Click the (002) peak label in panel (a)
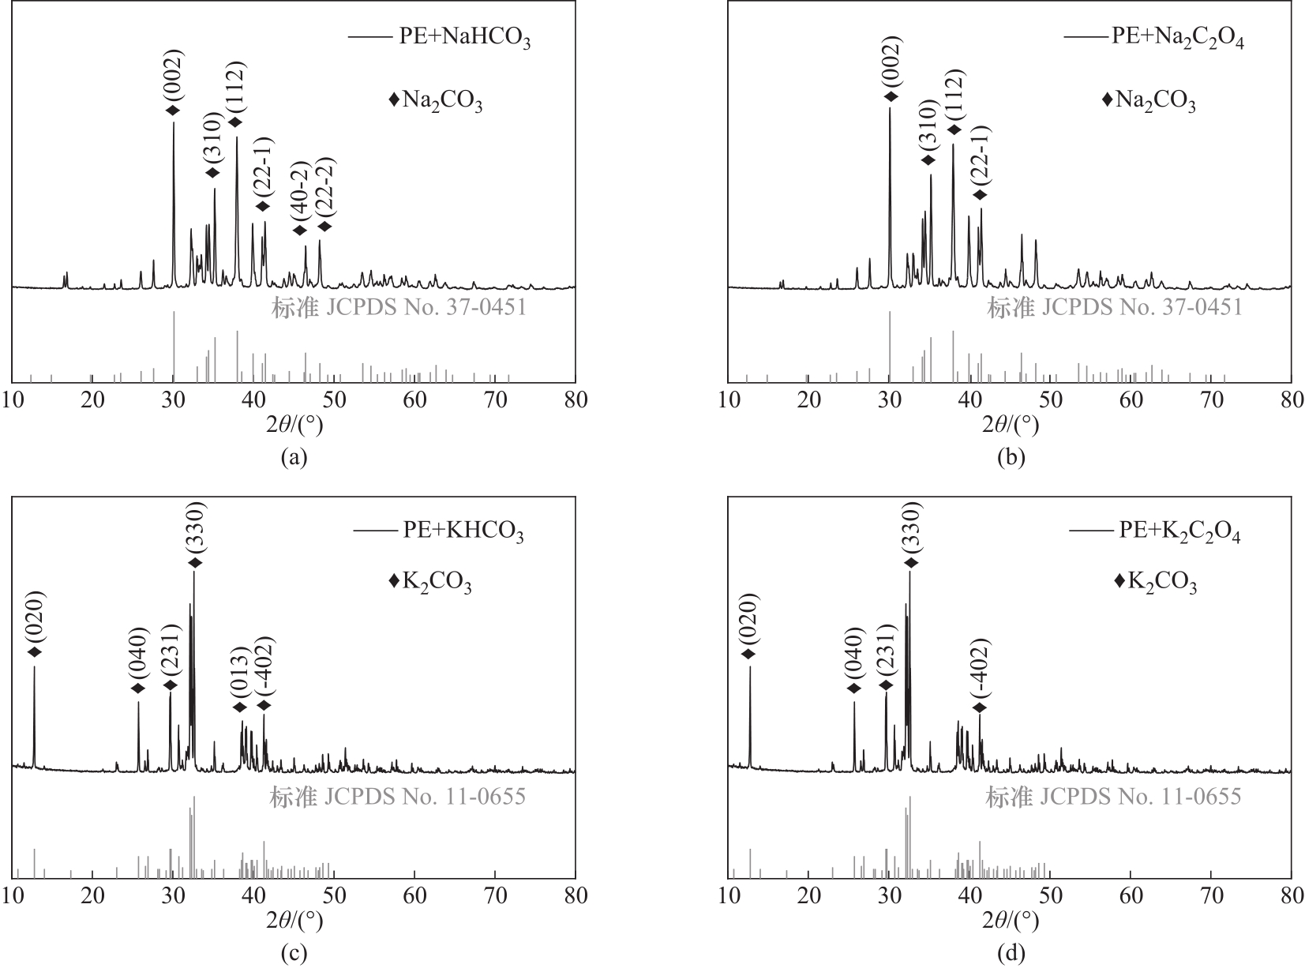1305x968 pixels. coord(173,77)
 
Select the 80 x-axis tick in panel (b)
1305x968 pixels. coord(1291,400)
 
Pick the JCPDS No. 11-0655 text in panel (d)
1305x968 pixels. coord(1113,797)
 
